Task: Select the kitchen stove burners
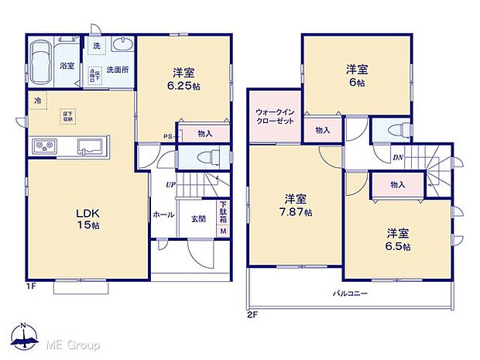[43, 146]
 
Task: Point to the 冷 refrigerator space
[36, 101]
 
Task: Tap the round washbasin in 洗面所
[121, 44]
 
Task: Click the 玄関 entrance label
[198, 219]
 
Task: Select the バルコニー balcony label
[350, 295]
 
